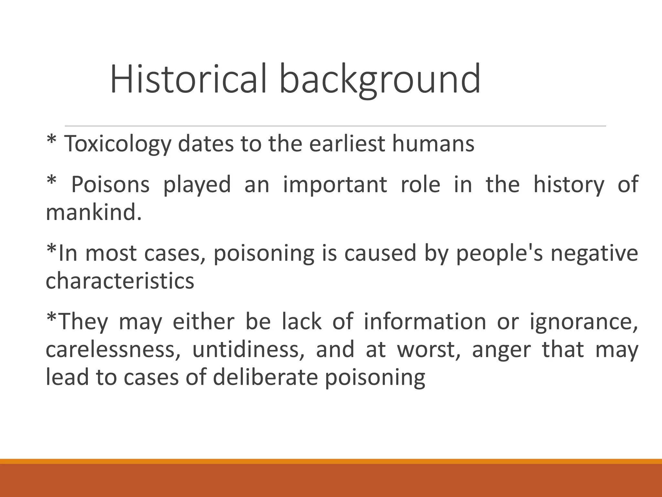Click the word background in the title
380,80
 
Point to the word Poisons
110,184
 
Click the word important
335,184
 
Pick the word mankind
94,213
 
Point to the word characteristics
120,281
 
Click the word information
425,322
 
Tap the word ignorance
583,322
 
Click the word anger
501,350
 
